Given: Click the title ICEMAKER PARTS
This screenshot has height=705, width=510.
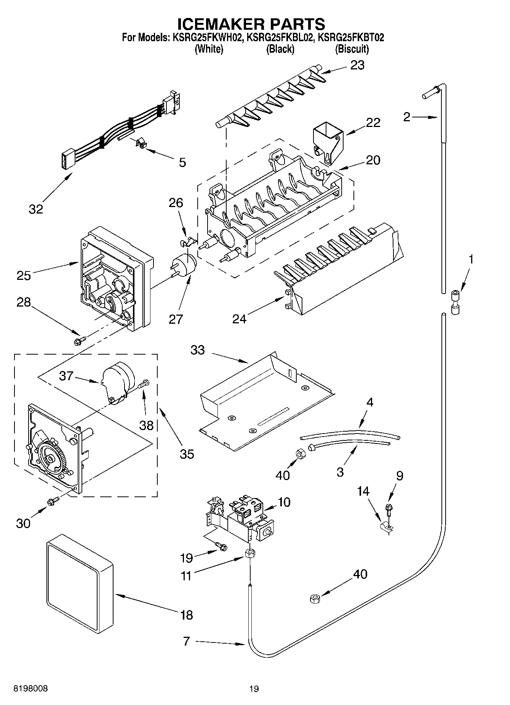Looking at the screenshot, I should (251, 24).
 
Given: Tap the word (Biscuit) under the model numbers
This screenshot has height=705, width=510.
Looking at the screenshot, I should (352, 49).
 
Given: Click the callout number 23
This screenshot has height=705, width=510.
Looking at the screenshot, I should (357, 65).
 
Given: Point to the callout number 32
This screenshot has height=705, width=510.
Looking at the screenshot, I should (36, 209).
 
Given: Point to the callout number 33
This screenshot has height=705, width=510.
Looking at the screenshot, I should (198, 350).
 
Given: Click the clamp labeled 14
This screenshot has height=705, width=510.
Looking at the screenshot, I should (388, 527).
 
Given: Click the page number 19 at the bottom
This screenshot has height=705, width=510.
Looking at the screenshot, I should (254, 689).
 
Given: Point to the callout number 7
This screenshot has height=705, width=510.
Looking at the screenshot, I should (186, 641).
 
